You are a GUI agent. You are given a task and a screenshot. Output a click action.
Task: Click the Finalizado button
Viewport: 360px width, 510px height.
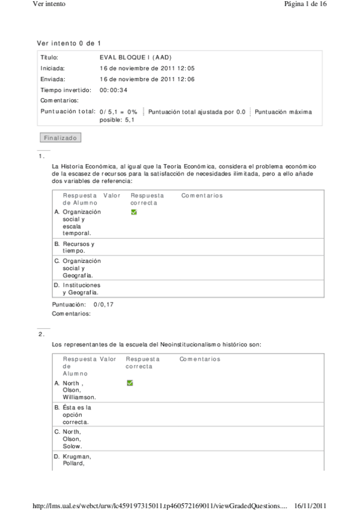pyautogui.click(x=60, y=138)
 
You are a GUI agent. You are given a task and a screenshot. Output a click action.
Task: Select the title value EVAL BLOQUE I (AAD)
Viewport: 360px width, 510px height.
pyautogui.click(x=136, y=57)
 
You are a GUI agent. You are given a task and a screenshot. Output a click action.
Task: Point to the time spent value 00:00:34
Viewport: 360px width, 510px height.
pyautogui.click(x=113, y=90)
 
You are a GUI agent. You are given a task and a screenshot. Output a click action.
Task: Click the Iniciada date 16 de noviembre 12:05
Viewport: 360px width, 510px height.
pyautogui.click(x=147, y=68)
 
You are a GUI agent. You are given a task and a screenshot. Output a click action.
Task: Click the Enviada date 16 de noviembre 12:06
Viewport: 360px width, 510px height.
pyautogui.click(x=147, y=79)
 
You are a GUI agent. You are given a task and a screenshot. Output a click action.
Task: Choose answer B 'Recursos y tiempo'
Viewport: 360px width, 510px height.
pyautogui.click(x=79, y=247)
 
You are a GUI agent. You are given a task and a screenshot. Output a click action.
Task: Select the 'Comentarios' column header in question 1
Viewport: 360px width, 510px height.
pyautogui.click(x=202, y=195)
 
